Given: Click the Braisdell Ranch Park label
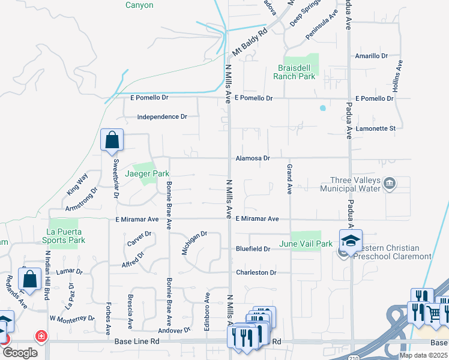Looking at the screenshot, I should tap(294, 72).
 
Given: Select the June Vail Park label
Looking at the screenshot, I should tap(306, 244).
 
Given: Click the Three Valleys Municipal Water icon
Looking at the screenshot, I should tap(390, 182).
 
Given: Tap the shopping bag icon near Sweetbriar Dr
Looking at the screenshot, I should tap(112, 141).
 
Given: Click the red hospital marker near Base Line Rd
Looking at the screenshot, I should tap(41, 336).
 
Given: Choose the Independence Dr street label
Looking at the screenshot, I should tap(162, 117).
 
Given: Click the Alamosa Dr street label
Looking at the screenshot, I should tap(253, 158).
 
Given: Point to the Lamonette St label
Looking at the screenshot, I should tap(375, 128).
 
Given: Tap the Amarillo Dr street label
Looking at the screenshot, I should tap(372, 56).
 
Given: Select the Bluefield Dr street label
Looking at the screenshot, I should tap(252, 248).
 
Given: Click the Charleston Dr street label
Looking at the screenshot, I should tap(256, 272).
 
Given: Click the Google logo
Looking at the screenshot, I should tap(19, 353).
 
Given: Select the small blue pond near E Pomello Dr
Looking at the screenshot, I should tap(323, 109).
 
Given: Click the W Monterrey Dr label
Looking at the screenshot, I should tap(72, 318).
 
